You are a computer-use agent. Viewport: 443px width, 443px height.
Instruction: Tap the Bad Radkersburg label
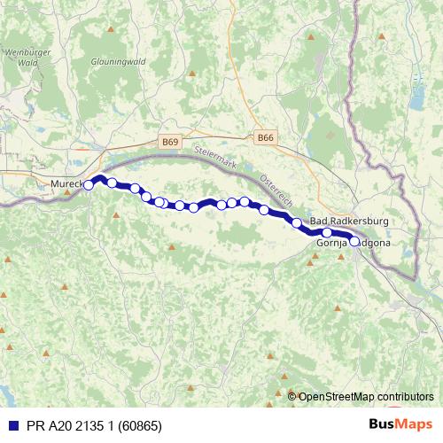(349, 220)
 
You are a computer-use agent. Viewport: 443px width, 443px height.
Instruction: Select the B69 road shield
(170, 142)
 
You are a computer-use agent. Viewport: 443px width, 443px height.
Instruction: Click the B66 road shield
(266, 137)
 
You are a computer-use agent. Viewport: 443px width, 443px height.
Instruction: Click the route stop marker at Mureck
(88, 185)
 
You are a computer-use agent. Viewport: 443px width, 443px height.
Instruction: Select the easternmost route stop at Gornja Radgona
(355, 241)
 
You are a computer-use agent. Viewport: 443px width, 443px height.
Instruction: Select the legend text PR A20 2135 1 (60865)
(94, 425)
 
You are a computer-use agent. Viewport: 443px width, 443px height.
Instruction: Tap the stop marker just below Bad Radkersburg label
(326, 233)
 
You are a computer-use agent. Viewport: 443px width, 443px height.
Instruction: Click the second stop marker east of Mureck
(136, 188)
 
